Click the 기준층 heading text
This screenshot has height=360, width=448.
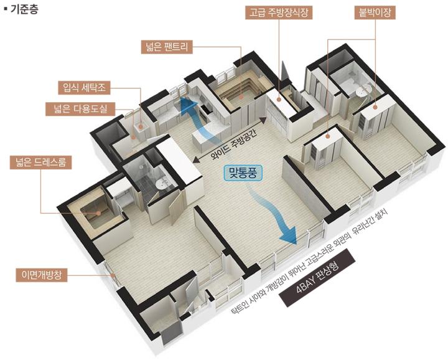[24, 9]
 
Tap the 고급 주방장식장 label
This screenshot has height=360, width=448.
[279, 13]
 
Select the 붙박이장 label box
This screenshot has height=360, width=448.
[375, 13]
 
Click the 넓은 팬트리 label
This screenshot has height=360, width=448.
[167, 47]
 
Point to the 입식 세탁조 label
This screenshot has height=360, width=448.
[84, 88]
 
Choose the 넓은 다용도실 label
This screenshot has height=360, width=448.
[80, 109]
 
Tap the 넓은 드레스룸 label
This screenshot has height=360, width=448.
[40, 163]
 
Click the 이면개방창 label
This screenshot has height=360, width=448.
[42, 275]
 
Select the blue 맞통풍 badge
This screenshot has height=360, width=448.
[243, 173]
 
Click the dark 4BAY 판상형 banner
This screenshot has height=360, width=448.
[317, 277]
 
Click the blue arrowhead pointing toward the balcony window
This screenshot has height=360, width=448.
[289, 235]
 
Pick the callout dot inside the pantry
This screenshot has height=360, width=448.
[241, 97]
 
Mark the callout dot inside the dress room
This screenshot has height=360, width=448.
[98, 213]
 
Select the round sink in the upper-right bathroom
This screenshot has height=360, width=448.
[363, 90]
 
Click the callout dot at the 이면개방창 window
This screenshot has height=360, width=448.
[113, 275]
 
